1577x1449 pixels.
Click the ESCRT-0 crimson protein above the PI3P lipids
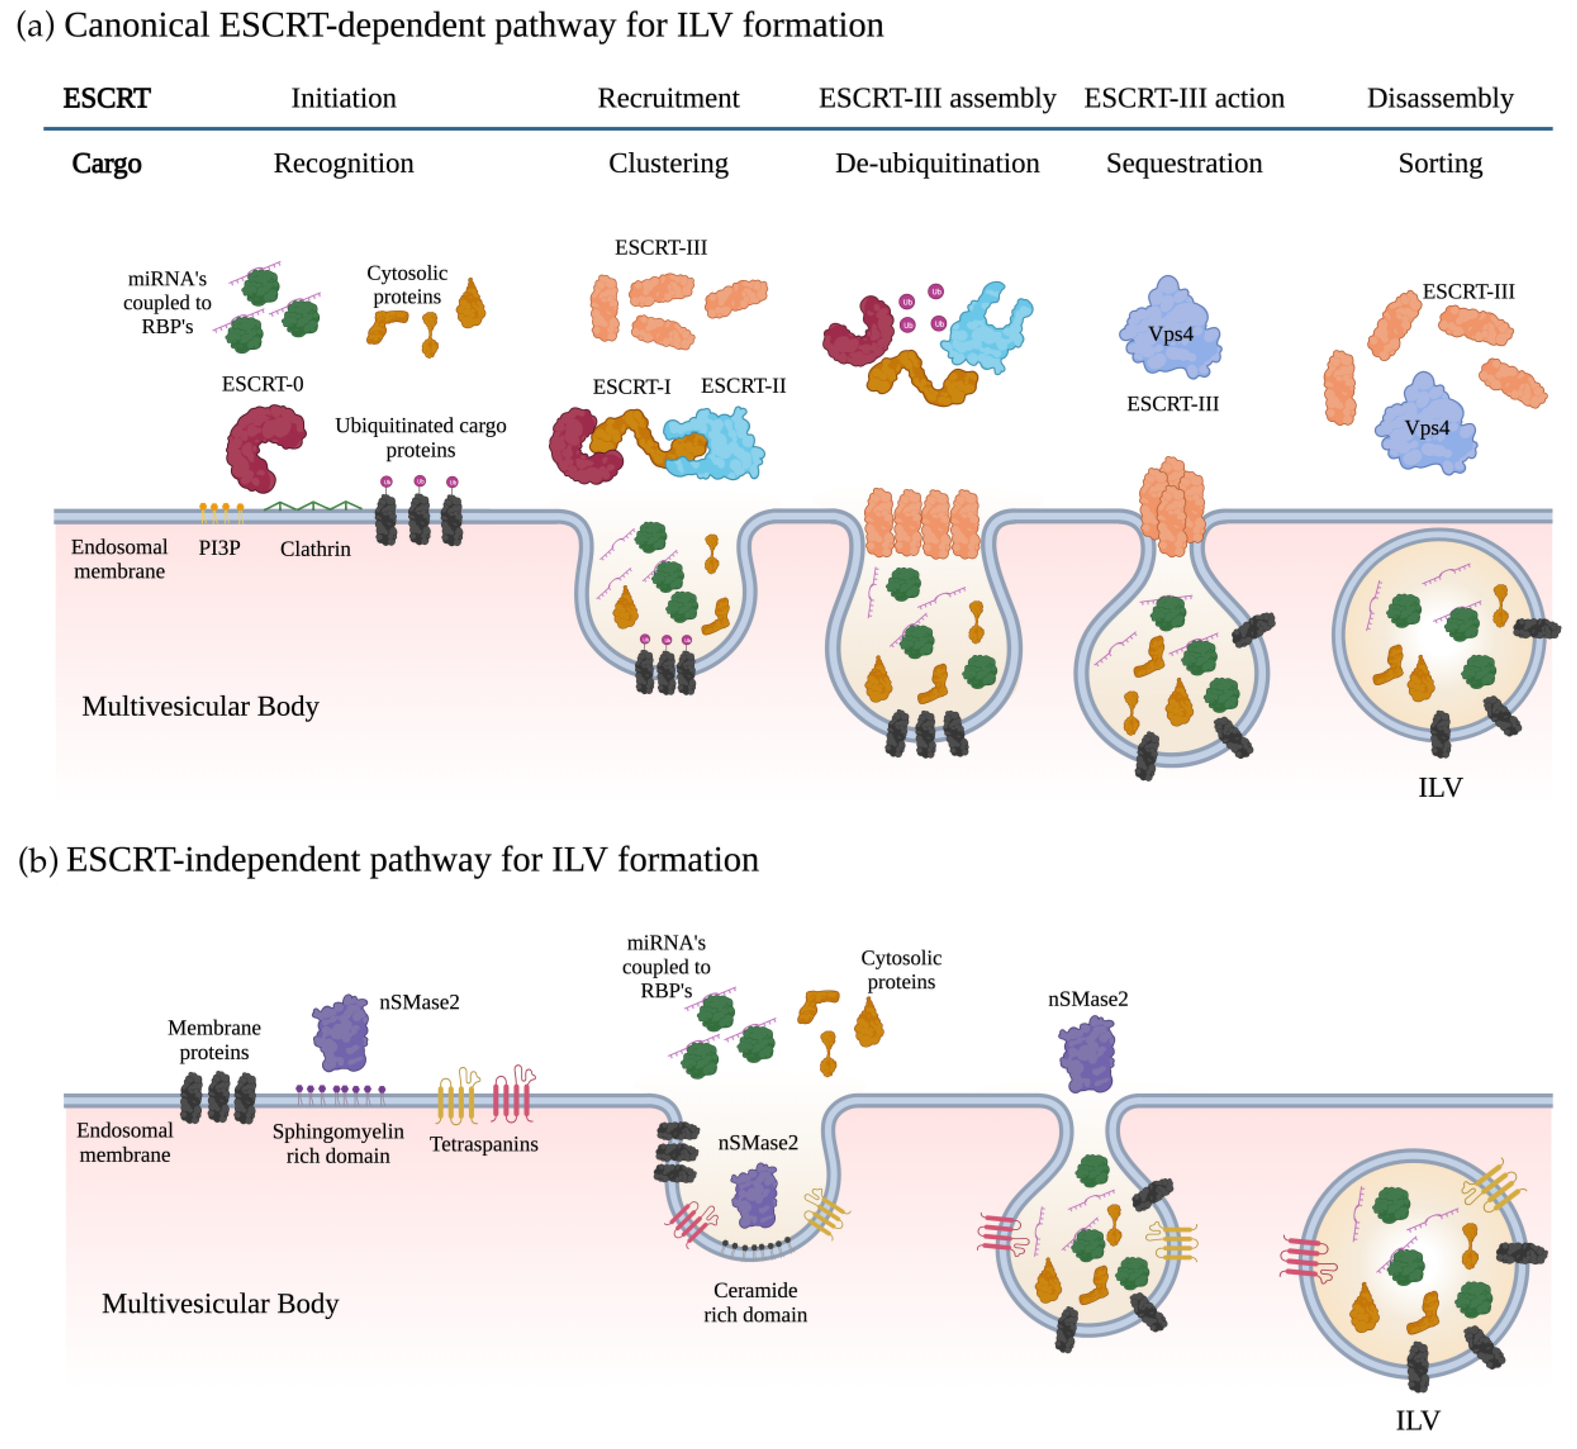(263, 447)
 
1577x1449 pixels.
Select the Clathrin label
(315, 549)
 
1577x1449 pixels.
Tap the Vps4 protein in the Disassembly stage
(1425, 427)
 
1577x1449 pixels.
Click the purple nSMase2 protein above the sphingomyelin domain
(341, 1033)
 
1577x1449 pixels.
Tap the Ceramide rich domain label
(754, 1303)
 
